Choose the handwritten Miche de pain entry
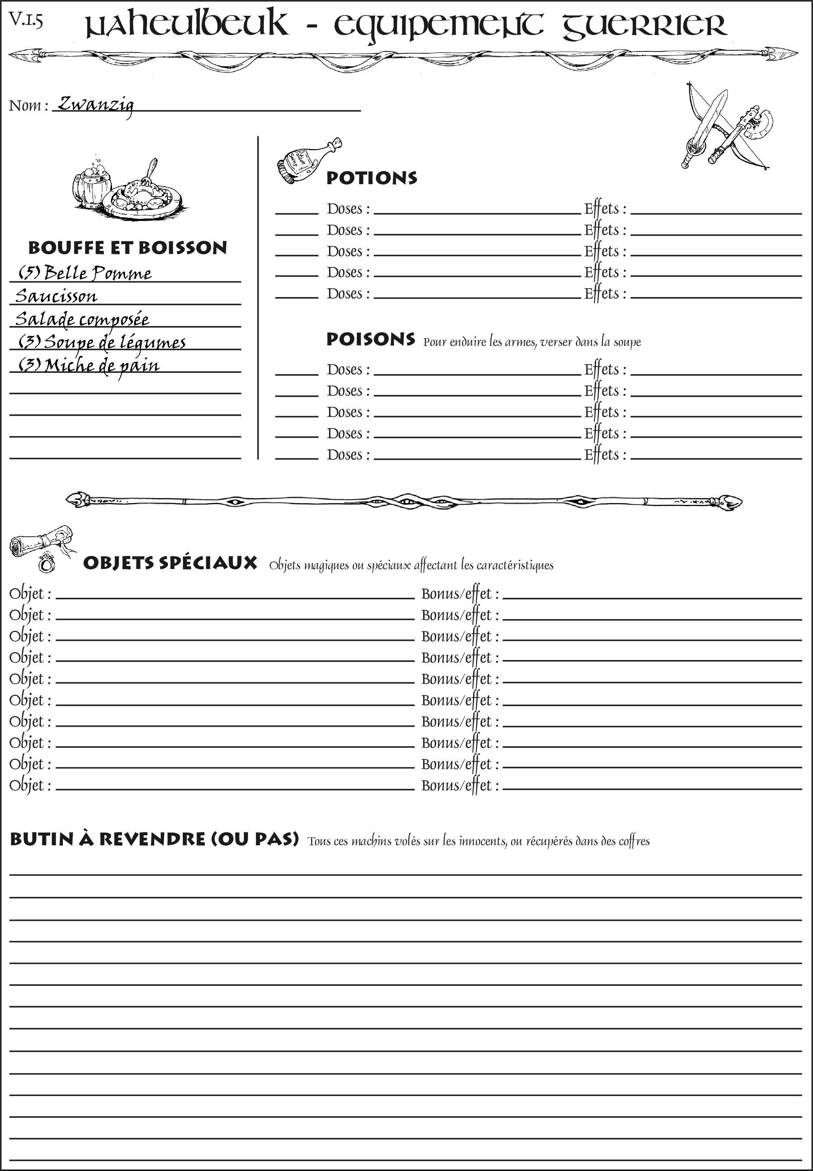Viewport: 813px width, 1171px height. coord(89,365)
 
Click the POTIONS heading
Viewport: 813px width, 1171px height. coord(371,178)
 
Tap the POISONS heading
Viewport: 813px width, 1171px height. coord(370,339)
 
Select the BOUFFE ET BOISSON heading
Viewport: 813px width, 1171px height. coord(127,248)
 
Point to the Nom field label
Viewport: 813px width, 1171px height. coord(29,105)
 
